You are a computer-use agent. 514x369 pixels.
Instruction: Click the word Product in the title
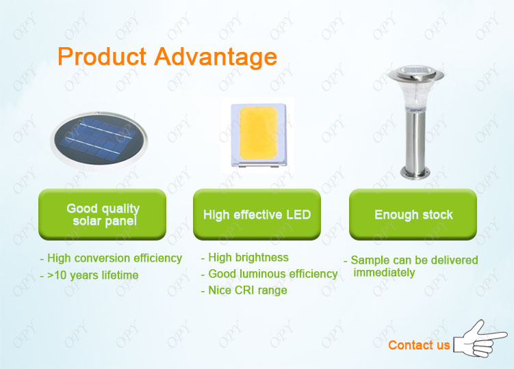102,56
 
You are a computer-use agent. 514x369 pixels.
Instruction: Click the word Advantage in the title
216,57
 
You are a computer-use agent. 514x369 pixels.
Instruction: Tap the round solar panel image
99,140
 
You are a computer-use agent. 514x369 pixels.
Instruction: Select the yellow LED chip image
259,135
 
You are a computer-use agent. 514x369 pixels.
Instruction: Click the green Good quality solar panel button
102,215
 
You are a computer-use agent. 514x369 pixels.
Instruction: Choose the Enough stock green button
413,215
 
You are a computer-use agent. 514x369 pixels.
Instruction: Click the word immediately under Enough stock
384,273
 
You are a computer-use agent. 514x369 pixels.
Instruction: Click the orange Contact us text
419,345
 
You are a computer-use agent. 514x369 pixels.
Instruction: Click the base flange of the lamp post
415,173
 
